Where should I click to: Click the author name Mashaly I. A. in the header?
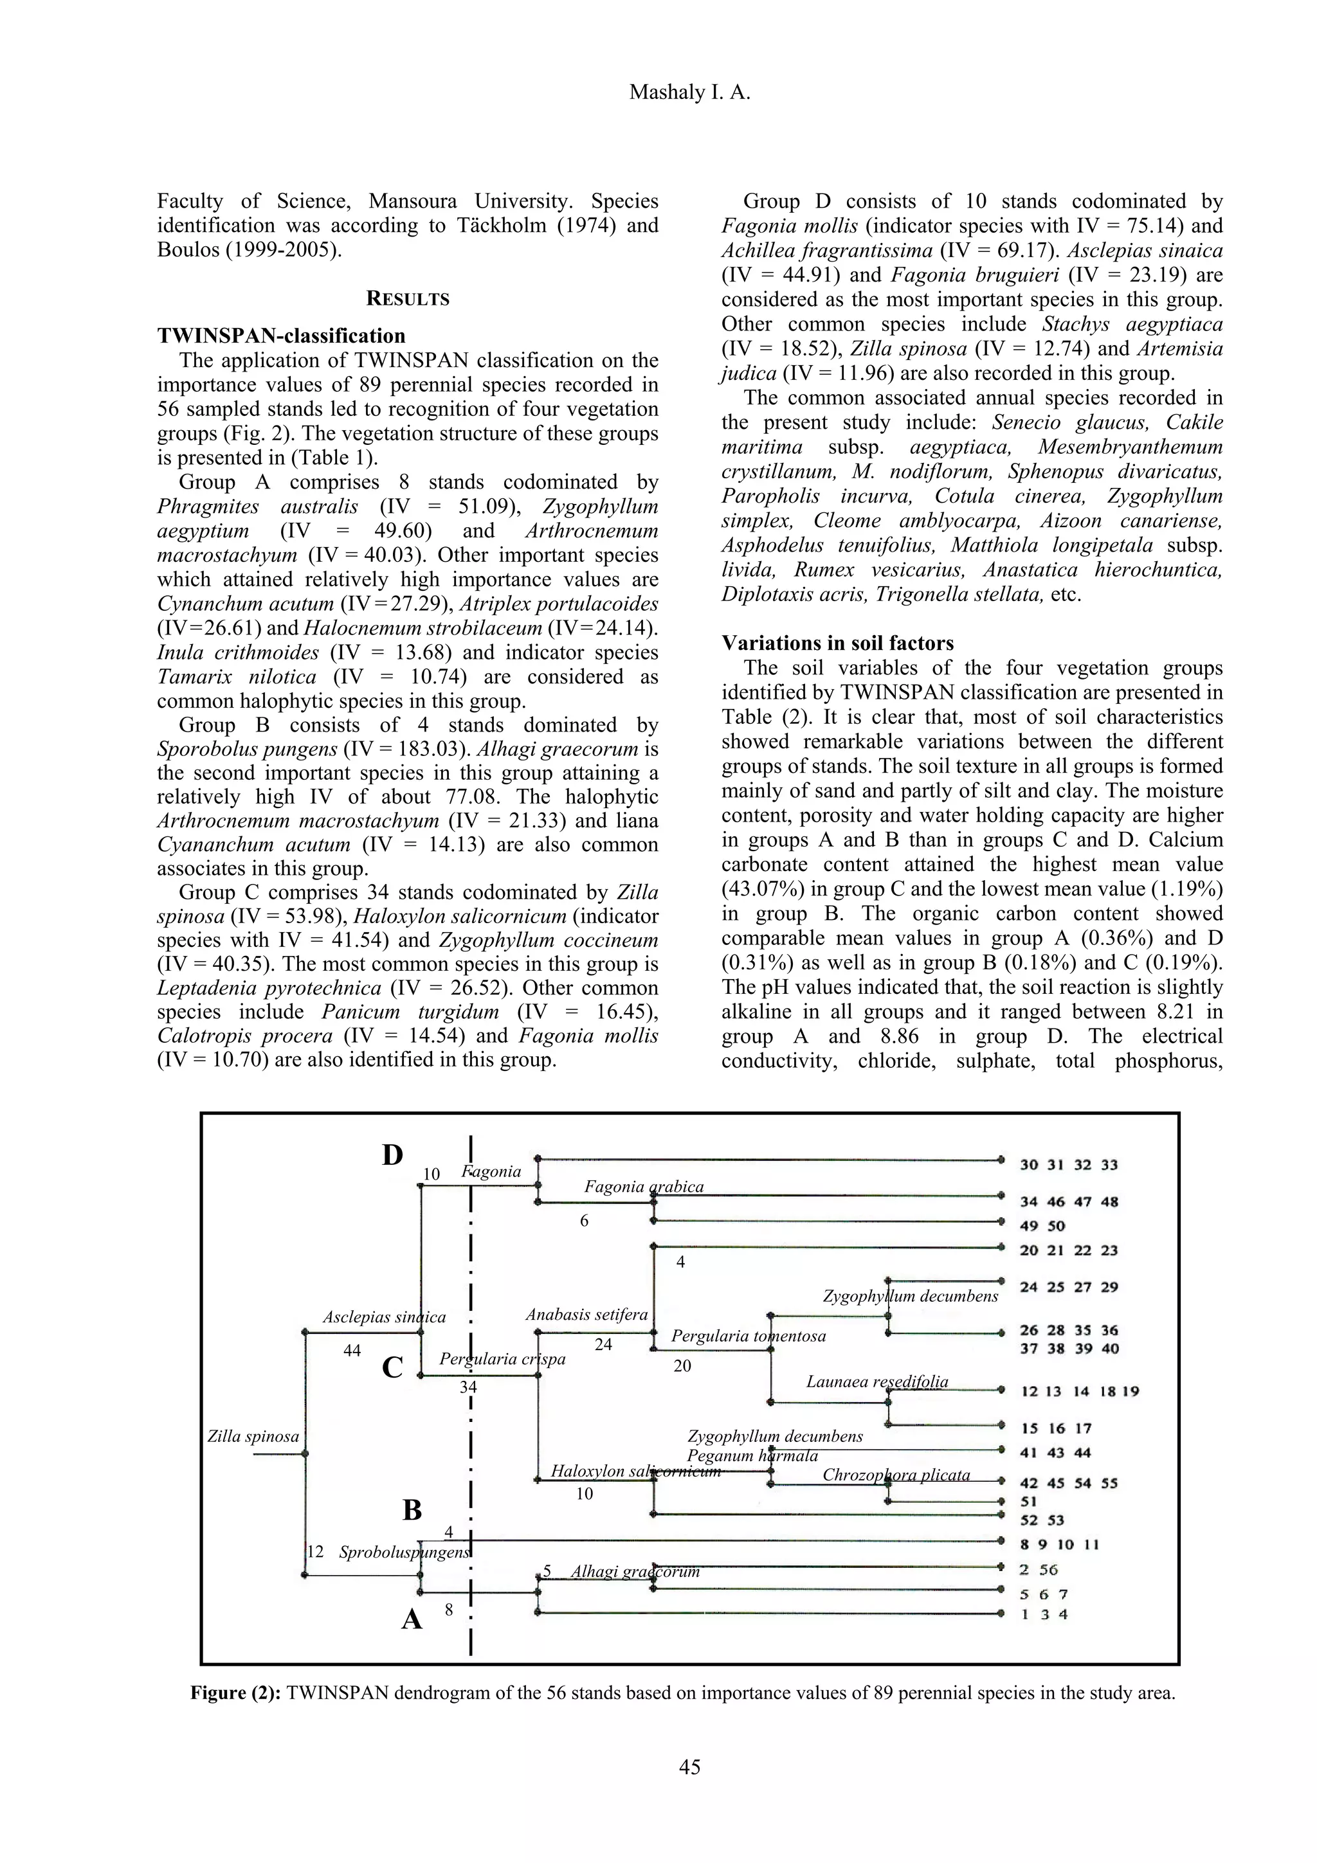coord(690,93)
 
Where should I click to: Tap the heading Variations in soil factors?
coord(837,643)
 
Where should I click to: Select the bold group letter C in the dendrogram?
coord(393,1367)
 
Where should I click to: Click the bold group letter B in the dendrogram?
coord(412,1511)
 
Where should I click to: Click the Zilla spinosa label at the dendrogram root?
coord(253,1437)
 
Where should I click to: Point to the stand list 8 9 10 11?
coord(1059,1545)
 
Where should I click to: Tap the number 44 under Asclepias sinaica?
coord(352,1351)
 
